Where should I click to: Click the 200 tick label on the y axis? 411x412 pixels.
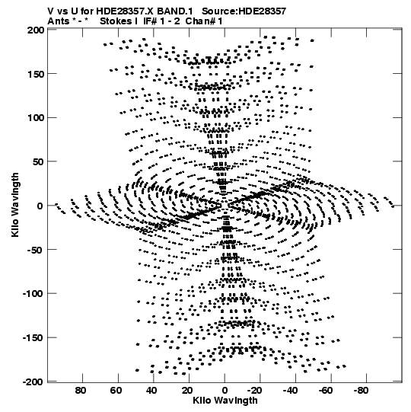pyautogui.click(x=36, y=30)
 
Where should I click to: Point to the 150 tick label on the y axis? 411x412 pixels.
pyautogui.click(x=36, y=74)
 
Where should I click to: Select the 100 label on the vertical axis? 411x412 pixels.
pyautogui.click(x=36, y=118)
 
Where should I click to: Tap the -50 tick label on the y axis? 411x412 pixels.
pyautogui.click(x=35, y=250)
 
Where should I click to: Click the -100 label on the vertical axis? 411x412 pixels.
pyautogui.click(x=33, y=293)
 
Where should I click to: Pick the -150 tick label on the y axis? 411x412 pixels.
pyautogui.click(x=33, y=337)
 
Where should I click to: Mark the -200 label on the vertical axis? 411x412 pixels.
pyautogui.click(x=33, y=382)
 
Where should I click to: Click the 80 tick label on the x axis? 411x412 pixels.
pyautogui.click(x=81, y=391)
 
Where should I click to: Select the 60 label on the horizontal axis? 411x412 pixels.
pyautogui.click(x=116, y=391)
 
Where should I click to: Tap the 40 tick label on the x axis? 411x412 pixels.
pyautogui.click(x=151, y=391)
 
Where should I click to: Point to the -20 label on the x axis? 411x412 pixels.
pyautogui.click(x=255, y=391)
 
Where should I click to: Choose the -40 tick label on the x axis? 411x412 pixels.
pyautogui.click(x=290, y=391)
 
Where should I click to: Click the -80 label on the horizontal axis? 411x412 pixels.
pyautogui.click(x=361, y=391)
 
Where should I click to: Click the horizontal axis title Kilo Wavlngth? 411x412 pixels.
pyautogui.click(x=225, y=401)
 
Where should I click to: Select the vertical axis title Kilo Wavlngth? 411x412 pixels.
pyautogui.click(x=15, y=205)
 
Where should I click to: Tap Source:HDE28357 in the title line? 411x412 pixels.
pyautogui.click(x=244, y=11)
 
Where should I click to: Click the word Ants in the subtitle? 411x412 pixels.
pyautogui.click(x=59, y=21)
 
